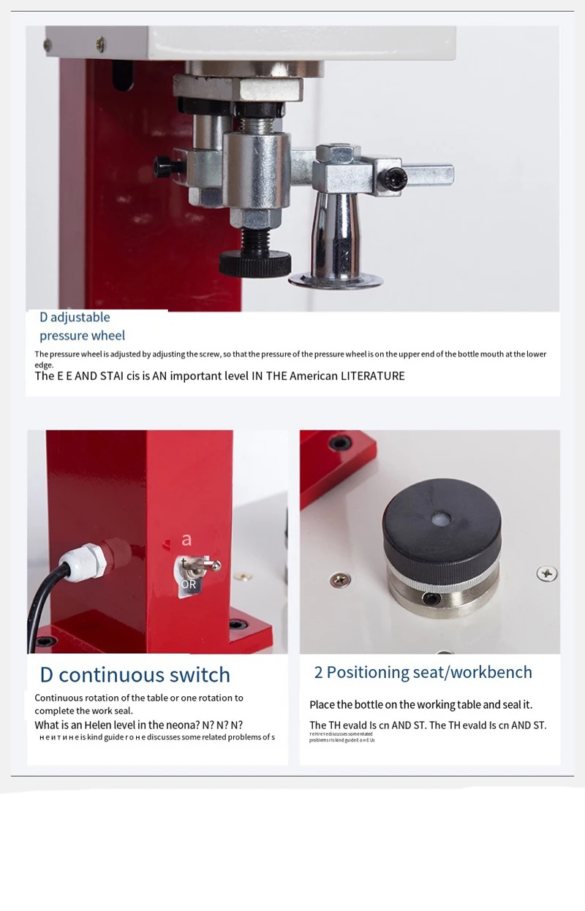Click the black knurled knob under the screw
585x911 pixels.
(x=254, y=262)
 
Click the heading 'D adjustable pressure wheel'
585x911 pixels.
(x=82, y=327)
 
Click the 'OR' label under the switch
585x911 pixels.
(x=189, y=584)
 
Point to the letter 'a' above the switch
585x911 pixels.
(x=186, y=540)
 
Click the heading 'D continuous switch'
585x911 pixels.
(x=135, y=674)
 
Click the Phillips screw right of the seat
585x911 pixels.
(x=546, y=573)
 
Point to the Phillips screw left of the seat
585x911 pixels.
(x=339, y=579)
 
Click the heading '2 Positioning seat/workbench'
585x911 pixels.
(x=423, y=672)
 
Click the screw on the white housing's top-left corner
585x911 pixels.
(x=100, y=45)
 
